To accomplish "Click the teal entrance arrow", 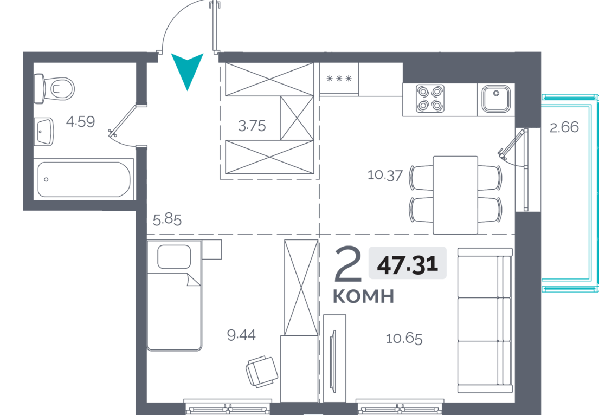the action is (187, 69).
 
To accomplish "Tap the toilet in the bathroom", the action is (54, 88).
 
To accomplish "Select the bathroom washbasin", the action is (44, 132).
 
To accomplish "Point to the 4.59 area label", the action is (80, 122).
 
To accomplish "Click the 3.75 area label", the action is (252, 126).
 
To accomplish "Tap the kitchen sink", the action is (496, 99).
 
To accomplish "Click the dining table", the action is (455, 194).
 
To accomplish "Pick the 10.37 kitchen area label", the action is (385, 175).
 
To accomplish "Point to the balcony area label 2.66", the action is (564, 127).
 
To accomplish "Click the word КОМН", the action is (363, 297).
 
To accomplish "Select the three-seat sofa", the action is (485, 320).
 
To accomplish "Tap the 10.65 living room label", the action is (404, 339).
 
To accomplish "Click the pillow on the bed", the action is (174, 257).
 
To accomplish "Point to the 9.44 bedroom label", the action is (241, 335).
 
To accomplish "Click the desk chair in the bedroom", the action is (262, 372).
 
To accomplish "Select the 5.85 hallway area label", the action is (168, 220).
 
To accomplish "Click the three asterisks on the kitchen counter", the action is (339, 79).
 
